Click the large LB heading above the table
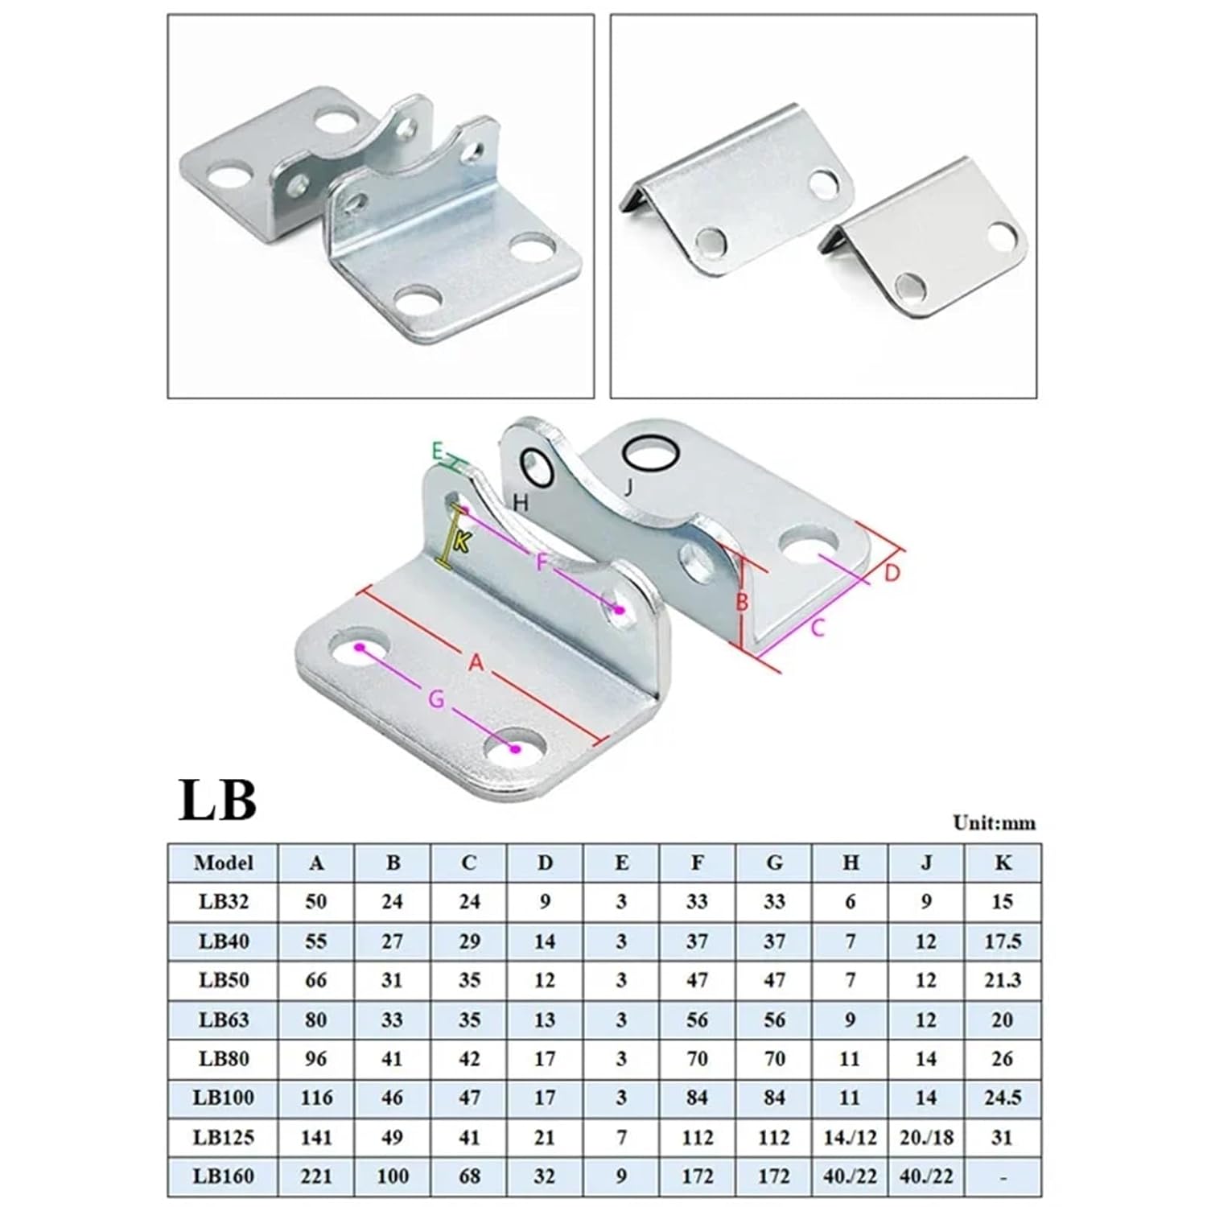pyautogui.click(x=217, y=800)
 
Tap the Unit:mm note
pyautogui.click(x=994, y=822)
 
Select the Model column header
pyautogui.click(x=223, y=863)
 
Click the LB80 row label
pyautogui.click(x=223, y=1058)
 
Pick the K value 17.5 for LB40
pyautogui.click(x=1003, y=941)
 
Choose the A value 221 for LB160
pyautogui.click(x=315, y=1176)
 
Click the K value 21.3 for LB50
pyautogui.click(x=1003, y=980)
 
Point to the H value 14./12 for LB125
pyautogui.click(x=850, y=1137)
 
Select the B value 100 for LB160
pyautogui.click(x=392, y=1176)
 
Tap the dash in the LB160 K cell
pyautogui.click(x=1003, y=1176)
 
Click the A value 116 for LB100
pyautogui.click(x=315, y=1098)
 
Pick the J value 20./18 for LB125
pyautogui.click(x=926, y=1137)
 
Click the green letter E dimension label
pyautogui.click(x=437, y=451)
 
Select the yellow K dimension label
pyautogui.click(x=461, y=542)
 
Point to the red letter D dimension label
pyautogui.click(x=892, y=574)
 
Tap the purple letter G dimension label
pyautogui.click(x=435, y=700)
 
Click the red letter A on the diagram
pyautogui.click(x=476, y=663)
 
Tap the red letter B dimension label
pyautogui.click(x=742, y=601)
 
